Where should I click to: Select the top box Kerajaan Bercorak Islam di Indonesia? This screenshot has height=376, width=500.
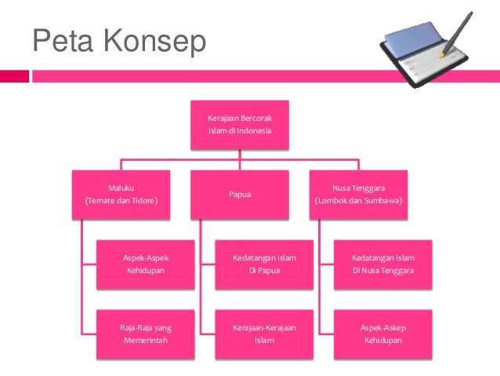239,124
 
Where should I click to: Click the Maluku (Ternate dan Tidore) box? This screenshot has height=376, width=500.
121,194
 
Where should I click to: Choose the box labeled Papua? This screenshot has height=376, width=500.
239,194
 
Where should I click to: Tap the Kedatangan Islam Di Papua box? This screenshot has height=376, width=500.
264,264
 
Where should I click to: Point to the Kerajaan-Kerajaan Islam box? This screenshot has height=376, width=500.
264,334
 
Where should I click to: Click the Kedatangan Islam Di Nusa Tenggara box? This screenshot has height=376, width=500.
382,264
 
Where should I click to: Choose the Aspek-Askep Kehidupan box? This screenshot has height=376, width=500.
382,334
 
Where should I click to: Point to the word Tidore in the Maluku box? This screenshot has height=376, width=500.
143,201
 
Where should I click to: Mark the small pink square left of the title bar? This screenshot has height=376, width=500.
14,76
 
